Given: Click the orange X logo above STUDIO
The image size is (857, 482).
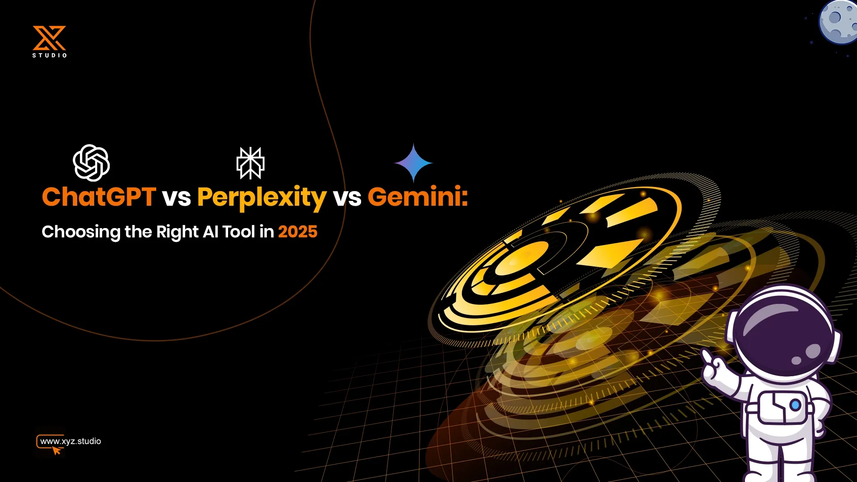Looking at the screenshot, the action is tap(49, 38).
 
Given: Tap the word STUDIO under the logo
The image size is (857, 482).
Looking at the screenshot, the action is tap(50, 55).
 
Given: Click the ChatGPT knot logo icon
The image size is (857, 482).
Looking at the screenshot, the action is tap(92, 163).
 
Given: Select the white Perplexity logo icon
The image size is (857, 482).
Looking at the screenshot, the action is tap(250, 163).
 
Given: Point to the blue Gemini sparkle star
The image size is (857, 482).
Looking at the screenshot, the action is tap(414, 163).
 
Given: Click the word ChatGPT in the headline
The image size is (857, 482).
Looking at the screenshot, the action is tap(99, 197).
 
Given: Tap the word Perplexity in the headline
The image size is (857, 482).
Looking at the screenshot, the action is tap(262, 199).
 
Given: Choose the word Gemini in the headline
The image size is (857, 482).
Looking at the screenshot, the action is tap(418, 197).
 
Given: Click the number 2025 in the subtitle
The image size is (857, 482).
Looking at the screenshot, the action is tap(298, 232).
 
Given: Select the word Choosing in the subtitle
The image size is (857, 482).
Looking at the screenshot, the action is tap(81, 233).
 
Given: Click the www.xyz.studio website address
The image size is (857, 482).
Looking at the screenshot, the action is tap(71, 441).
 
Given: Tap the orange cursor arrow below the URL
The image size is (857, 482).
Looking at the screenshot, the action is tap(57, 451).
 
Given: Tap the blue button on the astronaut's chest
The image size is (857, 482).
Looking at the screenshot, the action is tap(795, 405).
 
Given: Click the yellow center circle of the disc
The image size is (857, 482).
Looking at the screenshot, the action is tap(522, 259).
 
